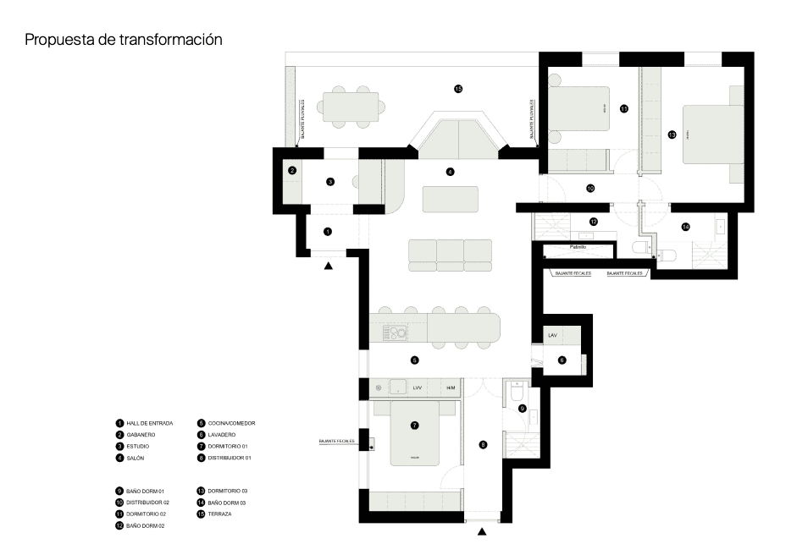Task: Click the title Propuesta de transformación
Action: click(124, 39)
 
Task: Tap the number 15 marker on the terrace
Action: click(458, 88)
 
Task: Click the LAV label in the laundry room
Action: click(552, 336)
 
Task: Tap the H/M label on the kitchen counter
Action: click(451, 388)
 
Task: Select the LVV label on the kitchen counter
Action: click(417, 388)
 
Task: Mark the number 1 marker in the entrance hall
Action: click(329, 231)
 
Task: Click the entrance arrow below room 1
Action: click(329, 266)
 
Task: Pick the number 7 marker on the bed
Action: click(414, 426)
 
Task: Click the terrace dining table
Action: click(351, 107)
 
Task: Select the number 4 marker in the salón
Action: click(451, 172)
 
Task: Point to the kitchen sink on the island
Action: click(396, 332)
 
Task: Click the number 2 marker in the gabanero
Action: click(292, 170)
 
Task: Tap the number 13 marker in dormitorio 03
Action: click(672, 134)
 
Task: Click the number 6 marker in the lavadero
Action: click(562, 360)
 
